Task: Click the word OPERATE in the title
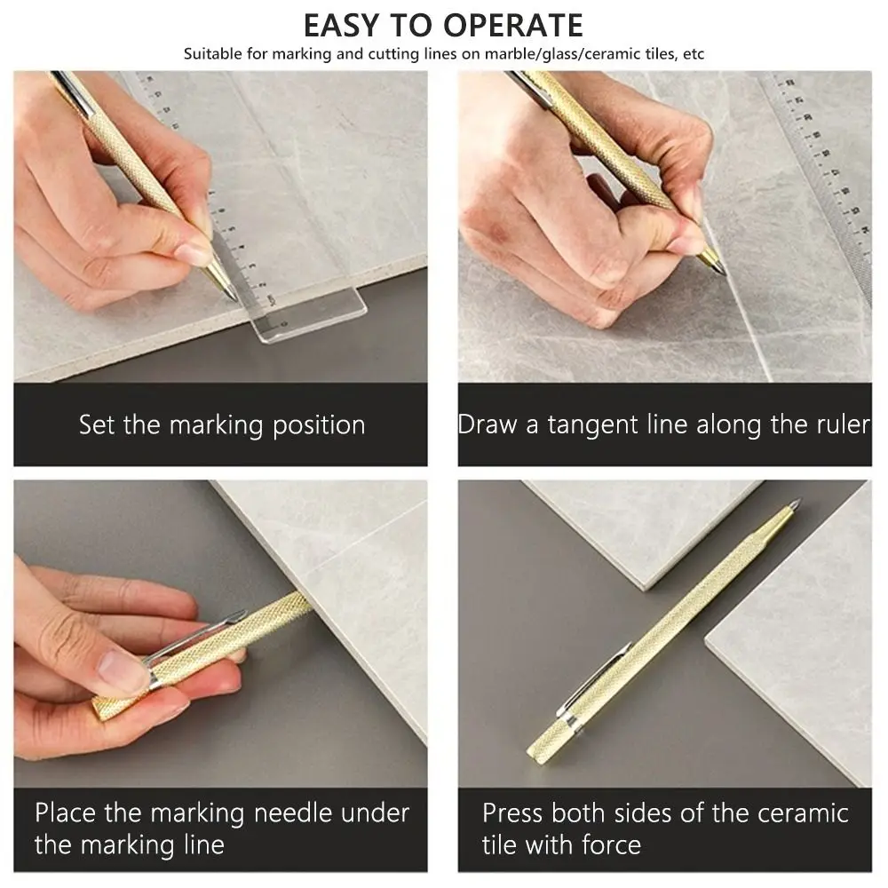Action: point(499,24)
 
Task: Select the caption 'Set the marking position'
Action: point(221,424)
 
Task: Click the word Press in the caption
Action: point(512,812)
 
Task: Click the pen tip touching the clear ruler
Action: point(229,292)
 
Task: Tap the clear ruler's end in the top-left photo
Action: point(311,320)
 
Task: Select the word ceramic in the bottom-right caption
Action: point(793,812)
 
